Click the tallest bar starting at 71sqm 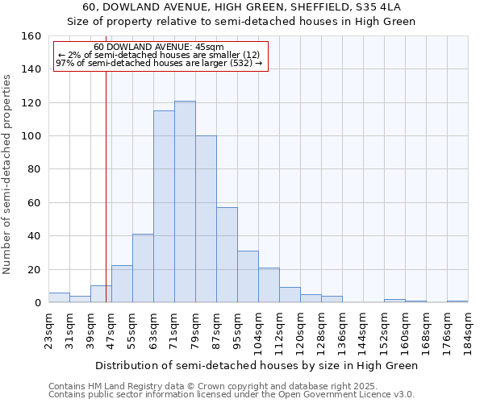pyautogui.click(x=185, y=201)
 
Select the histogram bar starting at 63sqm pyautogui.click(x=164, y=206)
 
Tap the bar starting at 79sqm pyautogui.click(x=206, y=219)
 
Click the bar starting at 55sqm pyautogui.click(x=143, y=268)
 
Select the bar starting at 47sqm pyautogui.click(x=122, y=284)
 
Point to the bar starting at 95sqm pyautogui.click(x=248, y=276)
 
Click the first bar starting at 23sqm pyautogui.click(x=59, y=297)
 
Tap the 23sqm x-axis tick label pyautogui.click(x=48, y=330)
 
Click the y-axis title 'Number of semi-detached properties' pyautogui.click(x=7, y=169)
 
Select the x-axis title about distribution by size pyautogui.click(x=257, y=365)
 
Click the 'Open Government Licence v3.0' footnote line pyautogui.click(x=232, y=394)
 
